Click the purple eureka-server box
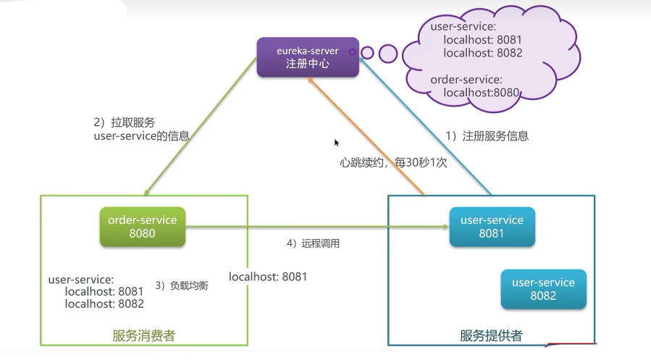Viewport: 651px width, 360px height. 308,57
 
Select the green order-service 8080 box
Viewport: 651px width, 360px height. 143,227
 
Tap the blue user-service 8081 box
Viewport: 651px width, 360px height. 492,227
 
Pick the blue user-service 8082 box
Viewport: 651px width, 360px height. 544,289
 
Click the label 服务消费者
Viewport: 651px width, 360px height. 143,335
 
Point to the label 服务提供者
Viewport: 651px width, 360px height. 491,335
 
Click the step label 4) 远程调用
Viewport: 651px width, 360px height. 313,243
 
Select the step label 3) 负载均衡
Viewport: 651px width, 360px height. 182,285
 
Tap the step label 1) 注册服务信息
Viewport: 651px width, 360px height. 487,135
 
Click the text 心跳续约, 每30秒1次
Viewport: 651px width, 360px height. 393,162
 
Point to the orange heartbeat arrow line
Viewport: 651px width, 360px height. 366,136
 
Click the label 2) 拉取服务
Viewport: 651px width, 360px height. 124,122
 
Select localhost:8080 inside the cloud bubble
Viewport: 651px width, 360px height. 482,92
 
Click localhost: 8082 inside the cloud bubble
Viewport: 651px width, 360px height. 483,53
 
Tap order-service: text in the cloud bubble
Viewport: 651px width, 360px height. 466,79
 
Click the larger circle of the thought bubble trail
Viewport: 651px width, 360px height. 388,54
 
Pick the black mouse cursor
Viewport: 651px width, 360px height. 337,143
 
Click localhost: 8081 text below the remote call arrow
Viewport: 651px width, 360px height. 268,277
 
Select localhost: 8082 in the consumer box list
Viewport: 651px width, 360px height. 104,304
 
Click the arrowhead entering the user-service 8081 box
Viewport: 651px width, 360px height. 446,227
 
